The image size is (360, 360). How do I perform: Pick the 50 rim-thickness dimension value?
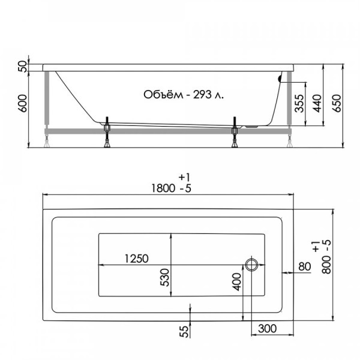tap(23, 67)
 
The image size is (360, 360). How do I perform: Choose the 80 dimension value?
tap(304, 266)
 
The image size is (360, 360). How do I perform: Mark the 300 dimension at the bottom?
tap(268, 328)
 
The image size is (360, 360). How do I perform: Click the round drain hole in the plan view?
tap(251, 264)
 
